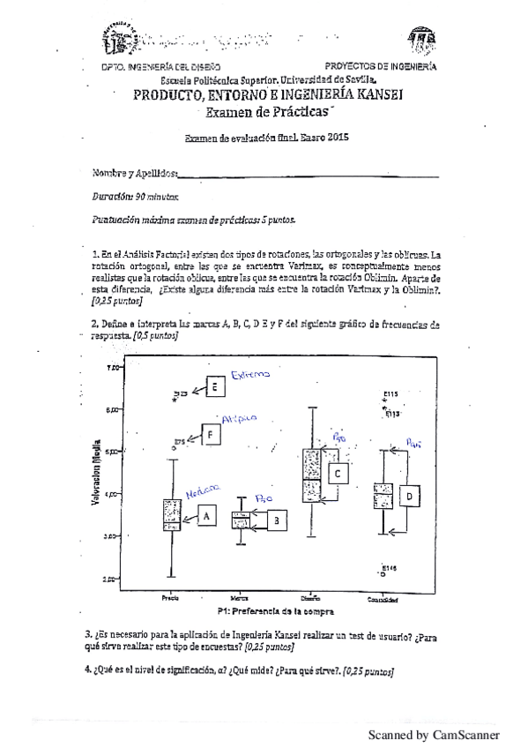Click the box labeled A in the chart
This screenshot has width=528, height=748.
pyautogui.click(x=207, y=514)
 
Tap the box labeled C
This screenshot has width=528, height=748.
pyautogui.click(x=338, y=474)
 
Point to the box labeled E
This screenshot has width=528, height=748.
pyautogui.click(x=214, y=385)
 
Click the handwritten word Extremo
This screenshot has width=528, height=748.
pyautogui.click(x=250, y=375)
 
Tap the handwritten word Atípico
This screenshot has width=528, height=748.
pyautogui.click(x=239, y=419)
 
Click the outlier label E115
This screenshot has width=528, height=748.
pyautogui.click(x=392, y=393)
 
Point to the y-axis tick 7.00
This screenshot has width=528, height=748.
pyautogui.click(x=113, y=367)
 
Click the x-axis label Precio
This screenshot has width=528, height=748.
pyautogui.click(x=171, y=599)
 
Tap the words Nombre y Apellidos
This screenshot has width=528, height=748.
pyautogui.click(x=135, y=173)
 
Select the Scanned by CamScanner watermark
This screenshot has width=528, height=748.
pyautogui.click(x=433, y=734)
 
